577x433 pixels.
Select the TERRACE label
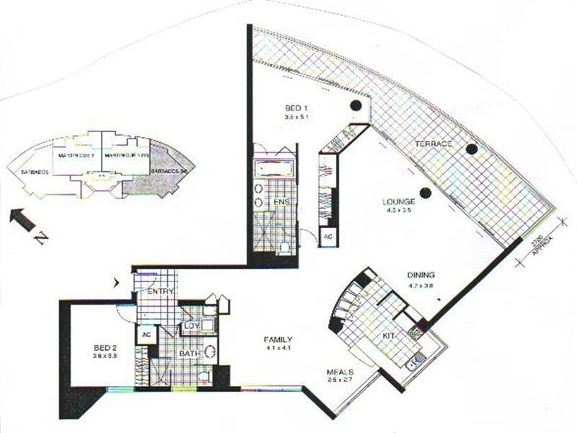pyautogui.click(x=433, y=144)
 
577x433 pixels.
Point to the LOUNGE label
pyautogui.click(x=399, y=202)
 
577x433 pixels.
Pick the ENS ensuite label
pyautogui.click(x=281, y=203)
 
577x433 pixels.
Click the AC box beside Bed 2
pyautogui.click(x=145, y=336)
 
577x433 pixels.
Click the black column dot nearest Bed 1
pyautogui.click(x=355, y=106)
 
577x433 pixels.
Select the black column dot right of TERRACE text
pyautogui.click(x=471, y=149)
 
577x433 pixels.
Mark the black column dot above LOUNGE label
pyautogui.click(x=426, y=192)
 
